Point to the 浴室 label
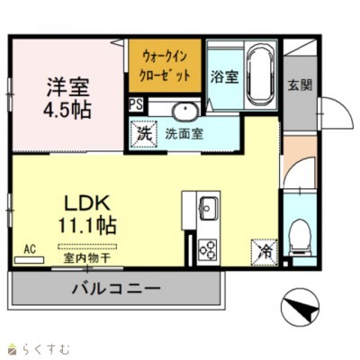click(x=223, y=77)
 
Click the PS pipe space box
click(x=135, y=104)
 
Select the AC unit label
click(x=29, y=248)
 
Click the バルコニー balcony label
click(x=115, y=289)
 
